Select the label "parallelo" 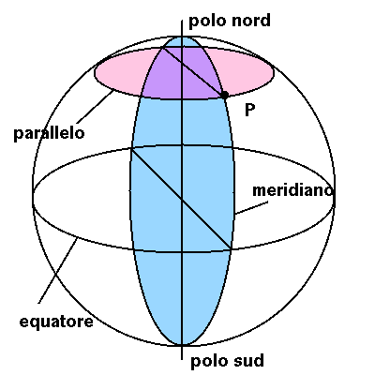click(x=49, y=133)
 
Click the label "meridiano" click(x=292, y=190)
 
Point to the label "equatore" click(x=56, y=322)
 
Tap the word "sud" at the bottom click(x=248, y=360)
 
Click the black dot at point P click(x=224, y=95)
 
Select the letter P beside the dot click(x=249, y=110)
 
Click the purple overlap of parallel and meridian click(x=182, y=73)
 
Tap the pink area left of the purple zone click(x=120, y=72)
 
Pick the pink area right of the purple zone click(x=246, y=70)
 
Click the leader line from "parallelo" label click(x=95, y=107)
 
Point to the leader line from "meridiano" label click(x=251, y=208)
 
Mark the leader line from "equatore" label click(x=58, y=270)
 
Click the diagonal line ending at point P click(x=193, y=71)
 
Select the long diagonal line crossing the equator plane click(x=181, y=200)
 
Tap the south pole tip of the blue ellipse click(x=182, y=345)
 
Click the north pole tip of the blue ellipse click(x=182, y=37)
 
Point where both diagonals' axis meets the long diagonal click(x=182, y=200)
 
